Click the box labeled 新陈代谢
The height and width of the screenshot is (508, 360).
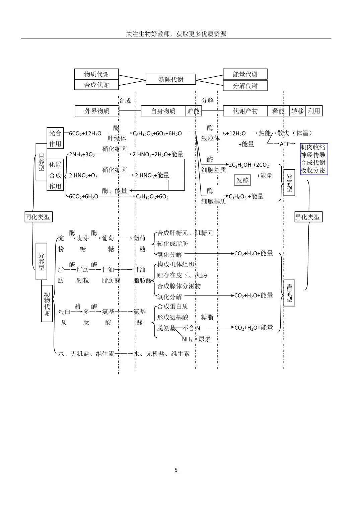click(x=171, y=79)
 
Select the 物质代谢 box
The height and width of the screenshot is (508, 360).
click(x=96, y=74)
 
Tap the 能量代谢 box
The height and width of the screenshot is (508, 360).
click(x=245, y=74)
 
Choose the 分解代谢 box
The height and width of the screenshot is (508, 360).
click(x=245, y=85)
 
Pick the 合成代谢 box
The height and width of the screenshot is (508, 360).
click(x=96, y=85)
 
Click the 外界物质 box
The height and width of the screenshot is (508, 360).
click(x=97, y=111)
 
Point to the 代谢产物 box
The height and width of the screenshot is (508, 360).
click(x=245, y=111)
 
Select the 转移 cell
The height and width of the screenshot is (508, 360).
click(x=298, y=111)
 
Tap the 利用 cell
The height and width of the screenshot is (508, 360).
click(x=314, y=111)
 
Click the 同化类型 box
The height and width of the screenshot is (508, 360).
click(x=39, y=217)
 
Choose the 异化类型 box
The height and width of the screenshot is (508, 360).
click(x=308, y=217)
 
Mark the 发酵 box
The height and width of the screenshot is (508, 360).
click(x=242, y=180)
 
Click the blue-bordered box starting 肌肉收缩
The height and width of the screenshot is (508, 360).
click(x=314, y=159)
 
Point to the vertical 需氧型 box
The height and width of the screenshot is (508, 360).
click(x=289, y=293)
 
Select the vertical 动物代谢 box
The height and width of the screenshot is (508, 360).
click(x=47, y=303)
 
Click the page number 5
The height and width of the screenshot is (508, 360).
click(x=176, y=470)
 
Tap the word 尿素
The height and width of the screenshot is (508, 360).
click(x=205, y=339)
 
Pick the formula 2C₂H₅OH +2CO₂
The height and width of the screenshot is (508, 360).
click(x=249, y=165)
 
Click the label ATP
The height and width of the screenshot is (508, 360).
click(x=285, y=144)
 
